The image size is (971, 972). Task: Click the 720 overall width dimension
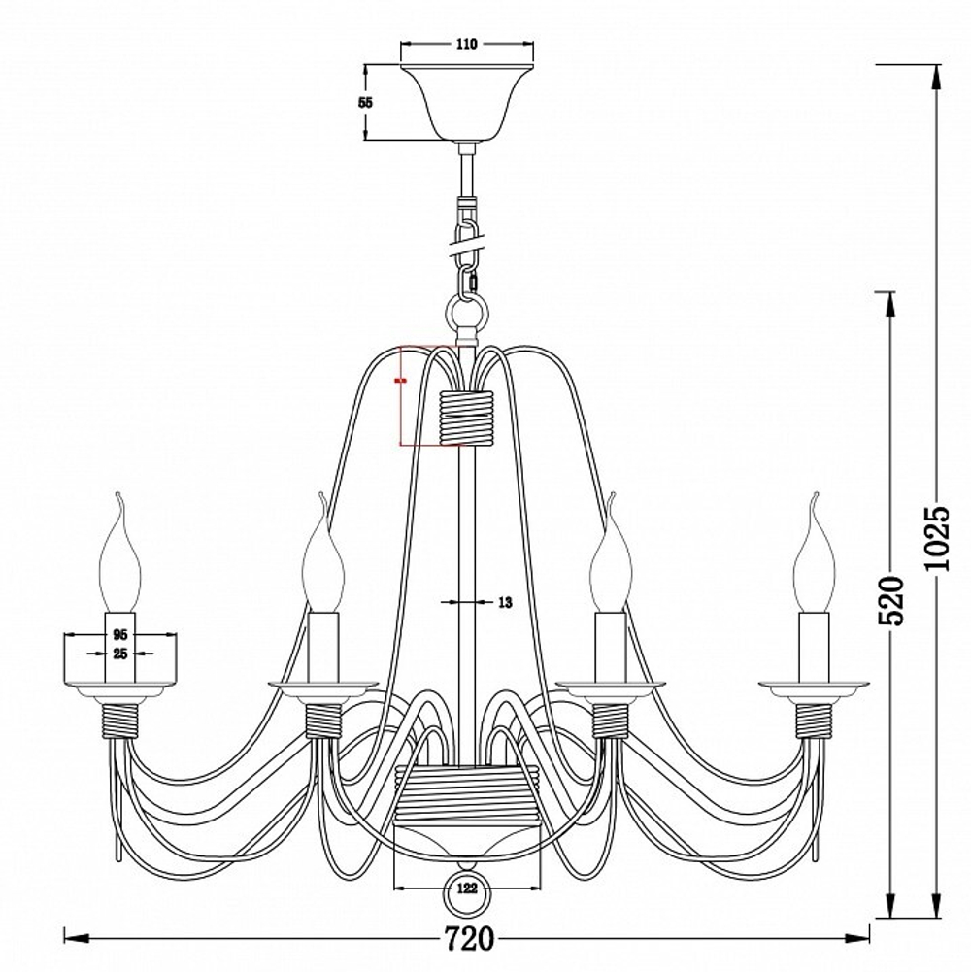[470, 939]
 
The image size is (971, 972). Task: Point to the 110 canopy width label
[468, 44]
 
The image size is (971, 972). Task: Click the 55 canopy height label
[366, 103]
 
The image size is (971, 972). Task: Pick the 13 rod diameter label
[505, 603]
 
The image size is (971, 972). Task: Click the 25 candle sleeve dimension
[120, 654]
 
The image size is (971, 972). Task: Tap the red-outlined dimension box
[427, 394]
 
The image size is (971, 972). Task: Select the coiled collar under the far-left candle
[121, 720]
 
